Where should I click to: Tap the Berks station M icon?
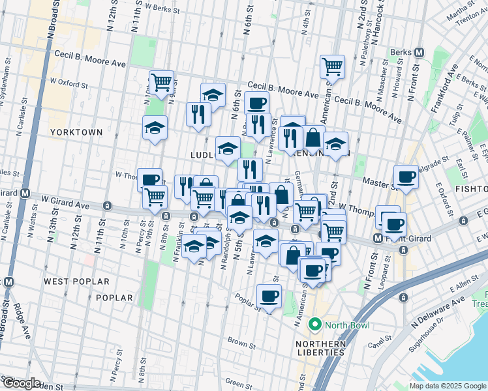click(x=419, y=51)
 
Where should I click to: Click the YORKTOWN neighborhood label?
click(x=76, y=132)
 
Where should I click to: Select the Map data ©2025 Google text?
click(x=448, y=386)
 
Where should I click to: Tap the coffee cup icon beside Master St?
click(x=406, y=177)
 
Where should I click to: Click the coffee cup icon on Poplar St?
click(x=269, y=297)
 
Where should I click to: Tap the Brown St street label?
click(x=241, y=341)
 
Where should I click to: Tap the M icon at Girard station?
click(x=25, y=193)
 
